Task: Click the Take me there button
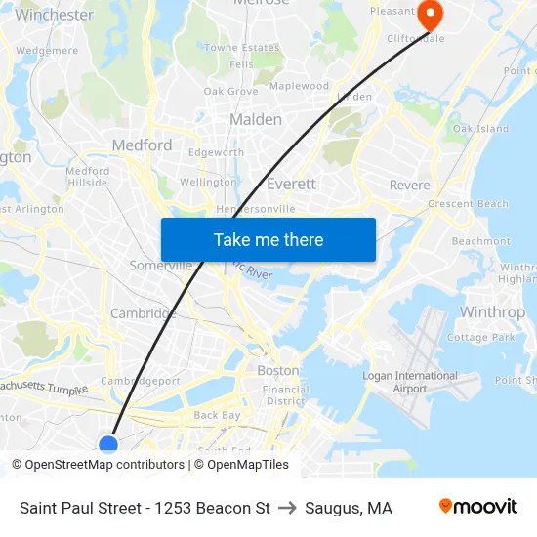click(268, 239)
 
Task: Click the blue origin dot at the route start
click(108, 445)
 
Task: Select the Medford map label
click(142, 145)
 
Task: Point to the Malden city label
click(256, 119)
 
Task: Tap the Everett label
click(291, 184)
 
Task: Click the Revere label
click(409, 186)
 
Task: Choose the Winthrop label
click(492, 312)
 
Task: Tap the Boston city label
click(277, 371)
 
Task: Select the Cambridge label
click(143, 313)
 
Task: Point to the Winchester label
click(55, 15)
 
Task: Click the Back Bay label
click(217, 415)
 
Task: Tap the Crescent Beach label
click(468, 204)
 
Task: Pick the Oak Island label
click(480, 129)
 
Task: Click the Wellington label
click(208, 182)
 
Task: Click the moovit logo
click(478, 507)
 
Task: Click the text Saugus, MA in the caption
click(349, 508)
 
